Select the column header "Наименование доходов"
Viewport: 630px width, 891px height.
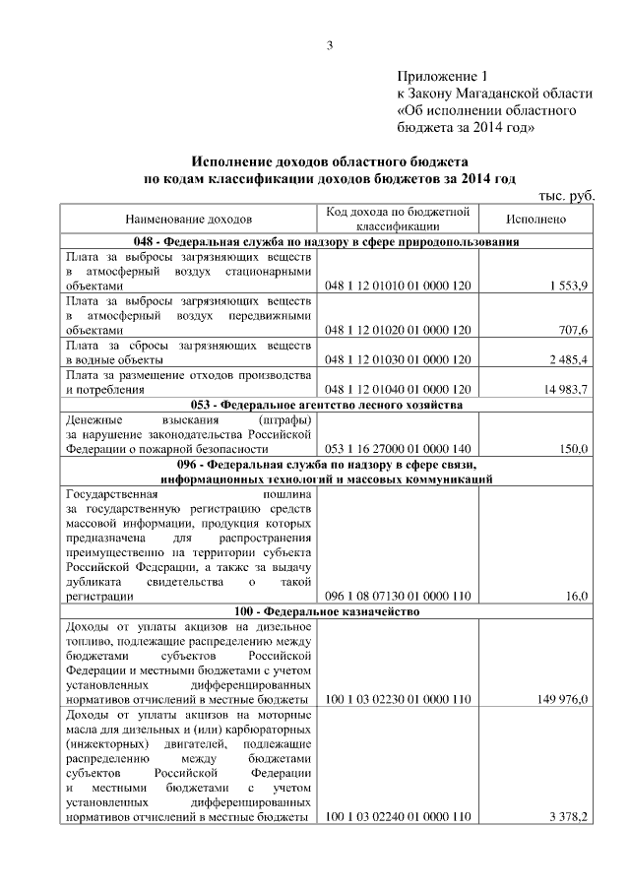pos(188,218)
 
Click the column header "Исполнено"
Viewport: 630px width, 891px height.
pos(535,218)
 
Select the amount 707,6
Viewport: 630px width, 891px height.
pos(571,330)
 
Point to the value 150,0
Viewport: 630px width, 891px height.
pos(572,449)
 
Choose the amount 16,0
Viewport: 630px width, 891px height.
pos(576,596)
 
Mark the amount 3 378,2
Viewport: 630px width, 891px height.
pos(567,817)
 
